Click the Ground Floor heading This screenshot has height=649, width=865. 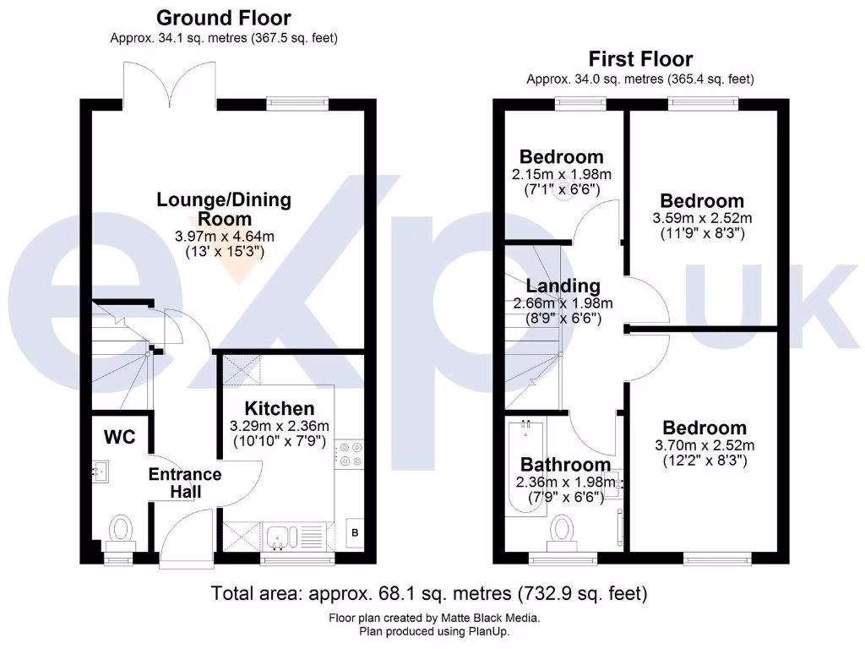click(x=224, y=18)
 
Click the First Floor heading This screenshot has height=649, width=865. click(x=640, y=59)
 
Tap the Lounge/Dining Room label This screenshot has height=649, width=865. click(x=224, y=209)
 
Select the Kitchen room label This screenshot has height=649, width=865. click(x=280, y=408)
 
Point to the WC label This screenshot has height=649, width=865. click(x=119, y=438)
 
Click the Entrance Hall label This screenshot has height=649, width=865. click(x=185, y=483)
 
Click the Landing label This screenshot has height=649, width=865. click(x=563, y=286)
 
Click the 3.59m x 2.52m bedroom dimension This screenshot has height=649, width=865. click(x=702, y=218)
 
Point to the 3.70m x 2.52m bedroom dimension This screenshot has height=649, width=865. click(x=705, y=445)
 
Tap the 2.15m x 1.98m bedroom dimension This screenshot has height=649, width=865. click(x=562, y=174)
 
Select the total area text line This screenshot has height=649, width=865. click(x=429, y=592)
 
